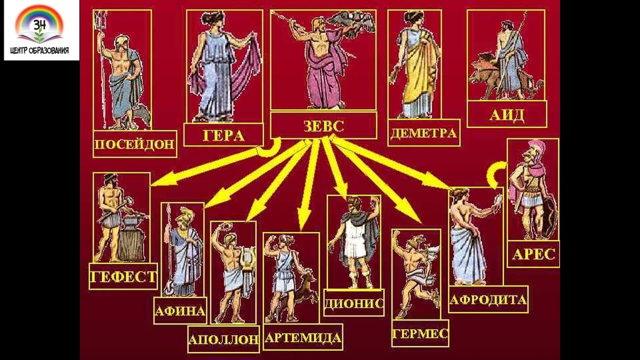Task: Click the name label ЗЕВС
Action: pyautogui.click(x=324, y=126)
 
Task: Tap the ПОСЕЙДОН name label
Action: pyautogui.click(x=134, y=144)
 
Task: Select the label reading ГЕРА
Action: pyautogui.click(x=223, y=134)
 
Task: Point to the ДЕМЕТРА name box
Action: pyautogui.click(x=423, y=133)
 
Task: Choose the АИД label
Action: pyautogui.click(x=507, y=115)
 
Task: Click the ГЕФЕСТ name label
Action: pyautogui.click(x=123, y=276)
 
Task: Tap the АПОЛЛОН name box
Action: pyautogui.click(x=223, y=339)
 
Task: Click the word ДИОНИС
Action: pyautogui.click(x=354, y=302)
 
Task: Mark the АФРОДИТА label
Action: pyautogui.click(x=488, y=299)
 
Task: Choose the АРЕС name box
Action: pyautogui.click(x=533, y=254)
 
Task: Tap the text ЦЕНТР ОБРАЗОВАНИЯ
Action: pyautogui.click(x=42, y=52)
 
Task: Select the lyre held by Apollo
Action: pyautogui.click(x=247, y=260)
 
